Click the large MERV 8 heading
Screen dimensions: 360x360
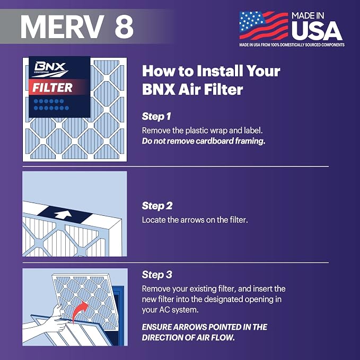click(x=77, y=27)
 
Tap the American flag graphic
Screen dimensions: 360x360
click(x=264, y=25)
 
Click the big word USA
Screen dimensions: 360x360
click(x=317, y=31)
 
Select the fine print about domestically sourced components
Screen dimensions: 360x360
click(x=292, y=45)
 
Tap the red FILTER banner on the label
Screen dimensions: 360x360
click(x=57, y=87)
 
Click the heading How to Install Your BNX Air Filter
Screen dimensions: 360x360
click(x=211, y=80)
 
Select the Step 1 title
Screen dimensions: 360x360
click(x=156, y=117)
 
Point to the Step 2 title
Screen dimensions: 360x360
click(x=157, y=206)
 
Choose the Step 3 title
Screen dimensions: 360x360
click(x=157, y=275)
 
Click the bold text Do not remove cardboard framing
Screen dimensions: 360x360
click(x=204, y=141)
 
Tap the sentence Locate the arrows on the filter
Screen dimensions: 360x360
click(x=195, y=220)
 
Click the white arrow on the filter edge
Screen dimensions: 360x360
click(x=63, y=215)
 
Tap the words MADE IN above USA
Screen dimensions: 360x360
click(x=308, y=15)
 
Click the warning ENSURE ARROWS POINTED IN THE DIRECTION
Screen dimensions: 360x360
click(x=204, y=332)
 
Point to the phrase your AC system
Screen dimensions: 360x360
click(x=170, y=310)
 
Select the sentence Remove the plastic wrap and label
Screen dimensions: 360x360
click(x=203, y=130)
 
